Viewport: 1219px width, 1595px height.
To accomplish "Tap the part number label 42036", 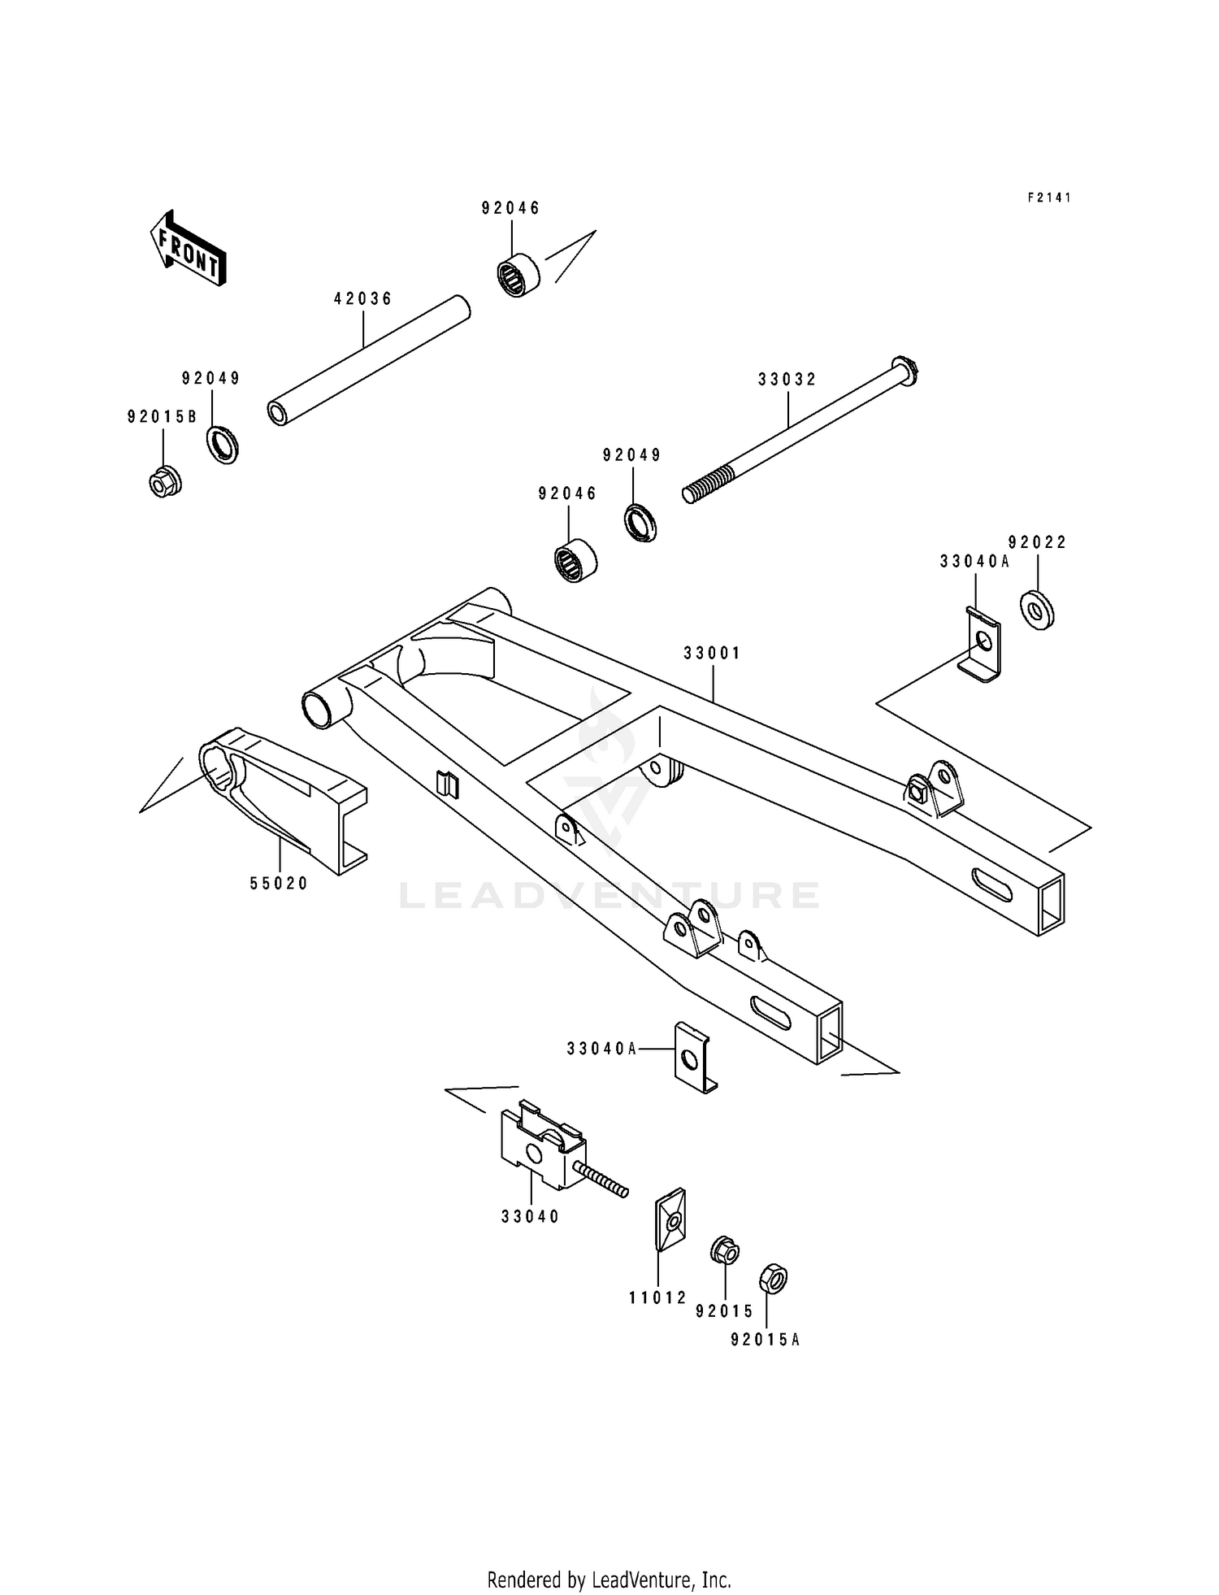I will coord(363,299).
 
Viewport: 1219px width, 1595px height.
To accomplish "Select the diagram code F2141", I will coord(1049,198).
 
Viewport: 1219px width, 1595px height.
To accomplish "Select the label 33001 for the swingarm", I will coord(712,654).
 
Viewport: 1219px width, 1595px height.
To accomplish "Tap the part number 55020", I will coord(279,884).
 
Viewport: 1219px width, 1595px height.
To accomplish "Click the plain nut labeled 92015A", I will coord(773,1279).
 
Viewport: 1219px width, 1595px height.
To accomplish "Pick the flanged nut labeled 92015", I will coord(724,1250).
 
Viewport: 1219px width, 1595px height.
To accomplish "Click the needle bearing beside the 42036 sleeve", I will coord(518,275).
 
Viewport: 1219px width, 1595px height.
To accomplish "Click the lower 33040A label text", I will coord(602,1050).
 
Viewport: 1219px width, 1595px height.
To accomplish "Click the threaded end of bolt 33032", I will coord(704,490).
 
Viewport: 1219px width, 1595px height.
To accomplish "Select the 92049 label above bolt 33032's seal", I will coord(632,455).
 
